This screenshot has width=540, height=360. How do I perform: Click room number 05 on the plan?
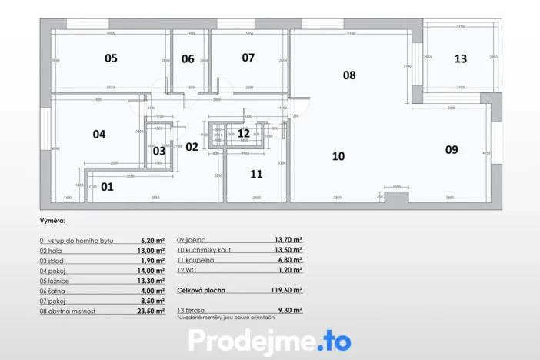tap(111, 58)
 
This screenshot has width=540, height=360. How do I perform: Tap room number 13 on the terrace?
tap(460, 58)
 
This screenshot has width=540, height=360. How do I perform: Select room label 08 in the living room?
tap(349, 75)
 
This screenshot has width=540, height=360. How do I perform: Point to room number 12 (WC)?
tap(243, 133)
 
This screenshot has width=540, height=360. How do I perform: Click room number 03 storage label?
tap(158, 151)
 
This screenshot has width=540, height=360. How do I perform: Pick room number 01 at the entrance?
tap(107, 186)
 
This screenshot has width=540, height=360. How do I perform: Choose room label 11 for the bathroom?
tap(256, 174)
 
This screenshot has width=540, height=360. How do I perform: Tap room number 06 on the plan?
tap(188, 58)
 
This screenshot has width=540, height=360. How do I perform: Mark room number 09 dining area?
tap(452, 150)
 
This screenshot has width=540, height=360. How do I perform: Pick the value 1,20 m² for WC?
tap(289, 271)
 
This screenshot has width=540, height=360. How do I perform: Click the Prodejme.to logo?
tap(269, 340)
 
